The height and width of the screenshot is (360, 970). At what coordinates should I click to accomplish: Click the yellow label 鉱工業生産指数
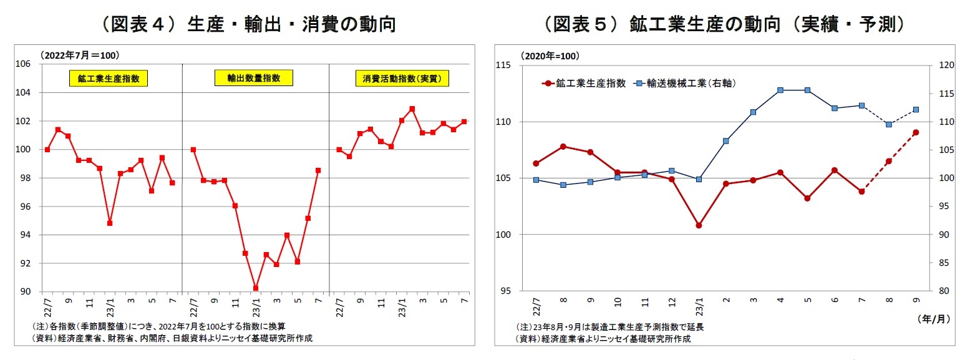(x=109, y=79)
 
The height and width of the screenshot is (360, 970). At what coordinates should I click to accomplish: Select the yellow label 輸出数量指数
(x=253, y=78)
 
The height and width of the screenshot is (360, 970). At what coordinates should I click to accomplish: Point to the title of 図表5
(x=724, y=24)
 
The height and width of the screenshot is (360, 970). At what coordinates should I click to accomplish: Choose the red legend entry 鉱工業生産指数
(x=584, y=83)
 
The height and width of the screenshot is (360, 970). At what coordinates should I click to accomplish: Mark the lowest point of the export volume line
(x=256, y=288)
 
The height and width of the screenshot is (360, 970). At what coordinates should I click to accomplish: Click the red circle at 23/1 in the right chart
(x=699, y=225)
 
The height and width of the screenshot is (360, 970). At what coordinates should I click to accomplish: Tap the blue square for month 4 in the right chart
(x=780, y=90)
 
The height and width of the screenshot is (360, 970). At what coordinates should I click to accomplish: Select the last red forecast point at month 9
(x=916, y=132)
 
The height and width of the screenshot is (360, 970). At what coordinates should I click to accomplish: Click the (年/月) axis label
(x=933, y=319)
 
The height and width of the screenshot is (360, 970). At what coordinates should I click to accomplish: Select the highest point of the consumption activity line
(x=412, y=109)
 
